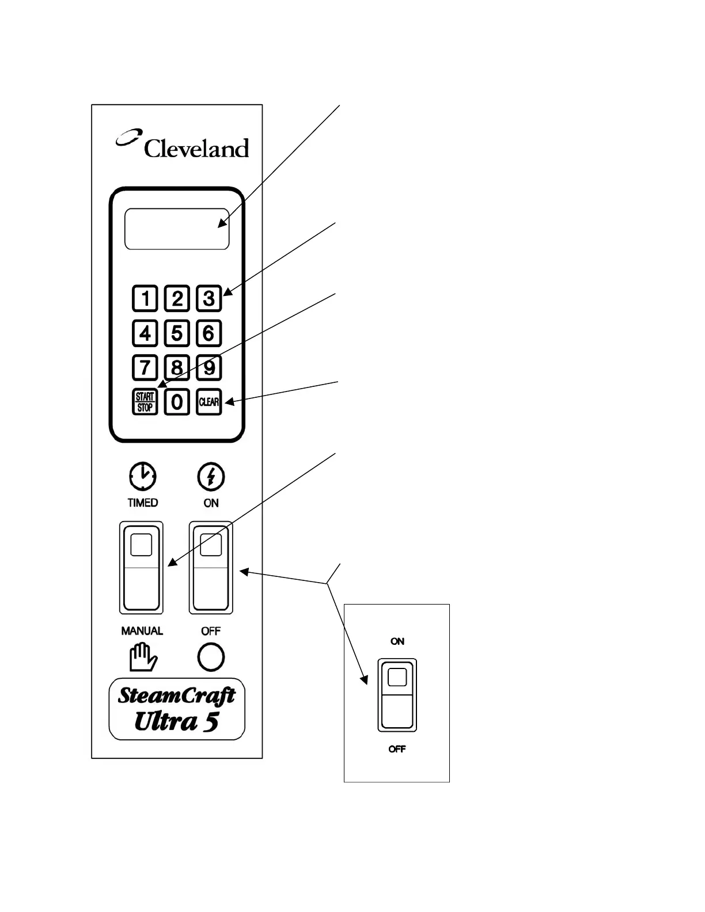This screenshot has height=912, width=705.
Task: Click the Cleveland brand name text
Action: pyautogui.click(x=196, y=148)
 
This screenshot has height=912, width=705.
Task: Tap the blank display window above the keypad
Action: pyautogui.click(x=177, y=229)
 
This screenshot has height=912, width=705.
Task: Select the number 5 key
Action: pyautogui.click(x=177, y=333)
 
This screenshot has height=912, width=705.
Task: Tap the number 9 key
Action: pyautogui.click(x=209, y=368)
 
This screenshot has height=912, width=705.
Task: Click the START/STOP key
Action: pyautogui.click(x=145, y=402)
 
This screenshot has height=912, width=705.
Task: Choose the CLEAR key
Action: pyautogui.click(x=209, y=402)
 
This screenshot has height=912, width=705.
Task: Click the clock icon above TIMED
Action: pyautogui.click(x=143, y=476)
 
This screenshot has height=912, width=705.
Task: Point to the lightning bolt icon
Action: pyautogui.click(x=211, y=476)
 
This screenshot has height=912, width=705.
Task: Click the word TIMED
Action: pyautogui.click(x=143, y=503)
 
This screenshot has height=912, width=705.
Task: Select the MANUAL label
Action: pyautogui.click(x=142, y=631)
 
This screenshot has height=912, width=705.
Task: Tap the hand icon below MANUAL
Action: pyautogui.click(x=143, y=658)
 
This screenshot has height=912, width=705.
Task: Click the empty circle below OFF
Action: pyautogui.click(x=211, y=658)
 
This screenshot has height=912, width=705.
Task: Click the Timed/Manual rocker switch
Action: pyautogui.click(x=142, y=568)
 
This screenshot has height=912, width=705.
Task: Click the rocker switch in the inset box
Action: pyautogui.click(x=397, y=695)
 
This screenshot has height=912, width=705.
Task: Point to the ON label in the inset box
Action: pyautogui.click(x=397, y=641)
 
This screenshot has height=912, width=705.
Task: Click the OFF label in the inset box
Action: pyautogui.click(x=397, y=748)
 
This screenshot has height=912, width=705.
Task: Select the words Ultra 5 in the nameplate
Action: pyautogui.click(x=176, y=721)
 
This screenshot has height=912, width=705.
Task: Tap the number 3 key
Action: pyautogui.click(x=209, y=298)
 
